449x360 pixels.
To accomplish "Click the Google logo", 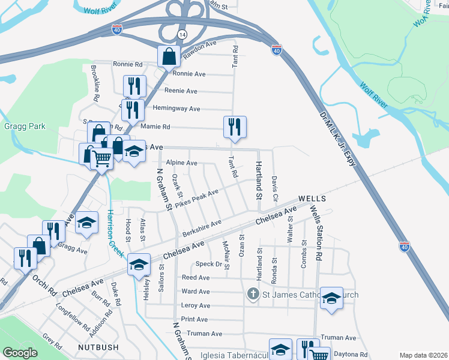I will pyautogui.click(x=20, y=353).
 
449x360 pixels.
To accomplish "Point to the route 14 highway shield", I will pyautogui.click(x=182, y=36).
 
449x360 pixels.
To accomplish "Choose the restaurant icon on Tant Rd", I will pyautogui.click(x=234, y=126).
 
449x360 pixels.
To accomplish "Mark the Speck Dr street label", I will pyautogui.click(x=209, y=264).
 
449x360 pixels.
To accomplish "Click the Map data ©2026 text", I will pyautogui.click(x=423, y=355).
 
